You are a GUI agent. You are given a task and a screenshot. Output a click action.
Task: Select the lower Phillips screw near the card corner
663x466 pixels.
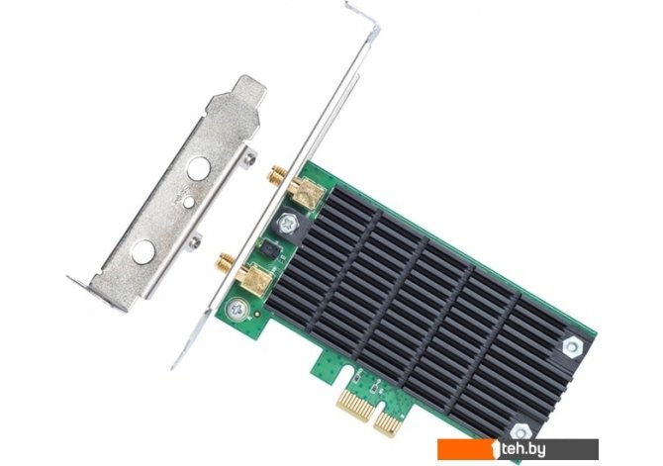236,309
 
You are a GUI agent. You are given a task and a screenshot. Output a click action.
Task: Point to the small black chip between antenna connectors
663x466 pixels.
269,250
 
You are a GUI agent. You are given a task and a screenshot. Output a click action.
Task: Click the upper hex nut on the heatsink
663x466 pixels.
573,346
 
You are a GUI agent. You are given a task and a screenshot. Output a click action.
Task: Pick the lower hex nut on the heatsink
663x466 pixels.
521,432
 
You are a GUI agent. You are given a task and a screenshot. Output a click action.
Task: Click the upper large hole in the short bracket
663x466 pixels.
199,168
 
